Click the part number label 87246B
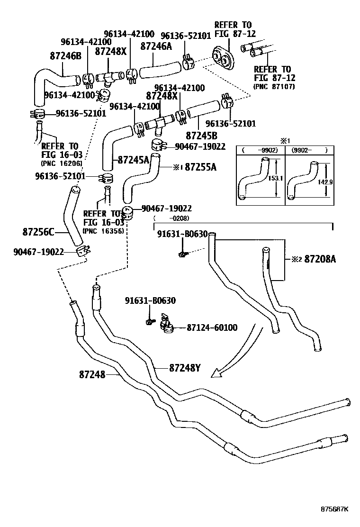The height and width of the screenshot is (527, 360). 66,56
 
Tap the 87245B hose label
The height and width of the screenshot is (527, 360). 201,135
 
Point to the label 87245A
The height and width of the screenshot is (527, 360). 134,160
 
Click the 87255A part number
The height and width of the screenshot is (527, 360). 200,167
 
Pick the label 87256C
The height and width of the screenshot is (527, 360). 38,232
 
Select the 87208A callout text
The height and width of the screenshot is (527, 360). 320,259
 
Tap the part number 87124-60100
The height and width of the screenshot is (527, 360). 212,327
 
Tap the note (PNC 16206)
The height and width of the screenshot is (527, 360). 61,164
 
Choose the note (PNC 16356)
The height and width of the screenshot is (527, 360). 103,231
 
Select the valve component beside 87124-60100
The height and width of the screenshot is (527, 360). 167,324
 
